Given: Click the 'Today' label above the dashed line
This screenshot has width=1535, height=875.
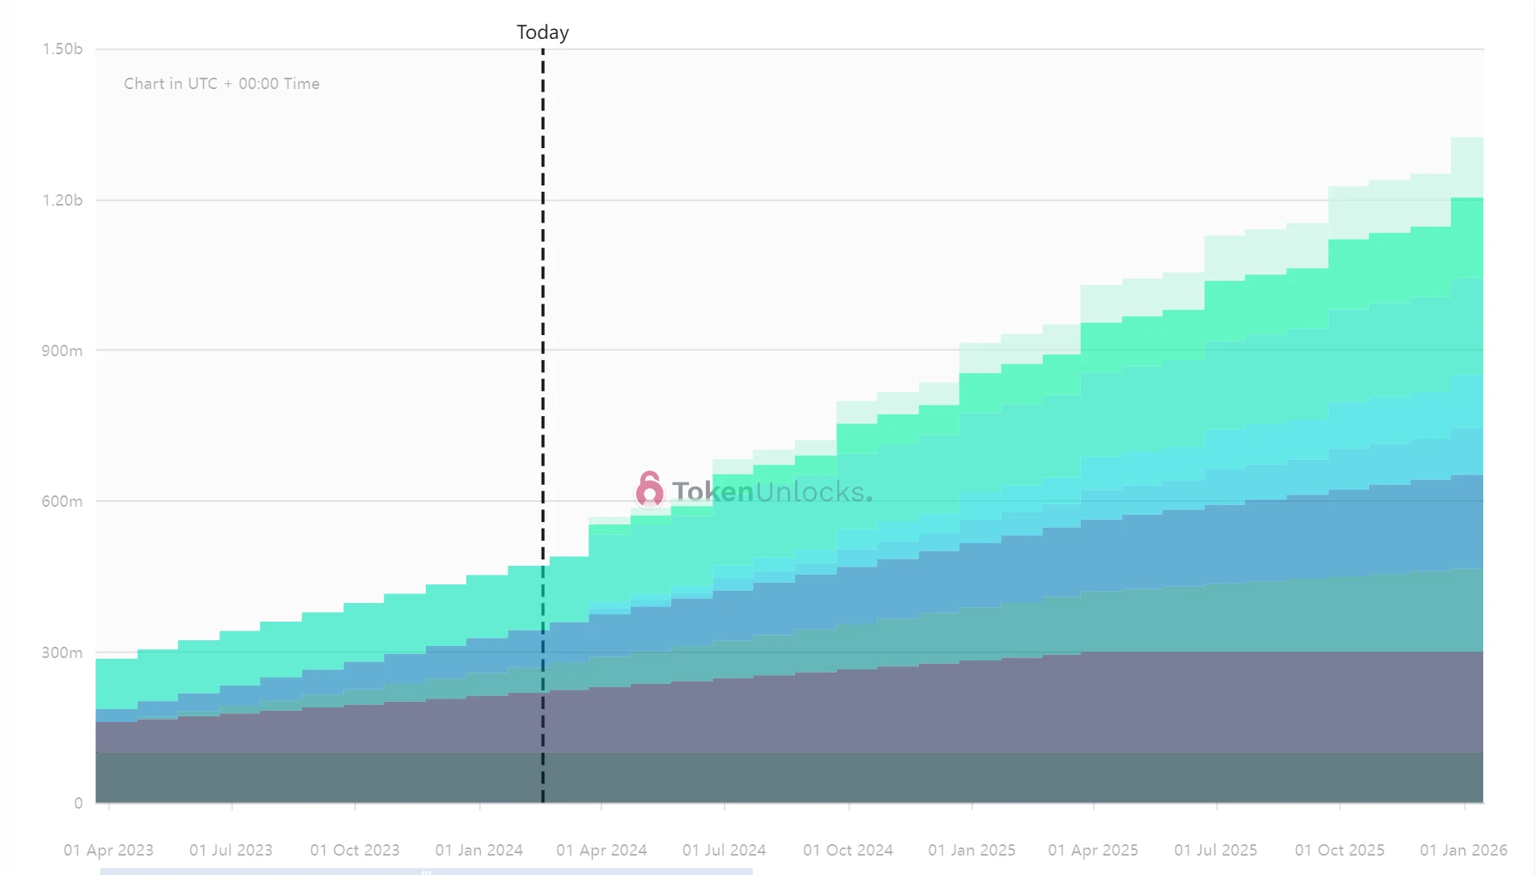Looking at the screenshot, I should click(x=542, y=32).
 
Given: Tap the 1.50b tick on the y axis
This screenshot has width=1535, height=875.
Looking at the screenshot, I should click(x=62, y=49).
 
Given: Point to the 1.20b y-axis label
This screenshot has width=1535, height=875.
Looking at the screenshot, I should click(x=62, y=200).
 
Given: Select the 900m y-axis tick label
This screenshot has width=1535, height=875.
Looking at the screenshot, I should click(x=62, y=350).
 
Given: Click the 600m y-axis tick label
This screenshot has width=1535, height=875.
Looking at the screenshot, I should click(x=62, y=501).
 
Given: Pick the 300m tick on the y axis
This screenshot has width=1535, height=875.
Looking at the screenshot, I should click(x=62, y=652).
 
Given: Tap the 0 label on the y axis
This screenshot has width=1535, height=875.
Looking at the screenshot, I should click(x=78, y=803).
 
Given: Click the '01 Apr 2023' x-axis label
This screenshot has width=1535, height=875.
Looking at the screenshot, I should click(x=108, y=850).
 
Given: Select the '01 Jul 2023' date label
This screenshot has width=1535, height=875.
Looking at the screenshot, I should click(x=231, y=850).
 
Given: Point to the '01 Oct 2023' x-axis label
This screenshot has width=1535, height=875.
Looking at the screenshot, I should click(x=355, y=850).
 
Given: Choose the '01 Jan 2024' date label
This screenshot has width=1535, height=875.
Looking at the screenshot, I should click(x=479, y=850).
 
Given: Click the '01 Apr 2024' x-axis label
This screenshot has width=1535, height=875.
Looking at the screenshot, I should click(x=602, y=850).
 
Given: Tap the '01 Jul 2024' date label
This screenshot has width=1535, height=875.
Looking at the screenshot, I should click(x=724, y=850).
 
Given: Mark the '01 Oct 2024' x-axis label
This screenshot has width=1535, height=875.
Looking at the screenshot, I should click(x=848, y=850).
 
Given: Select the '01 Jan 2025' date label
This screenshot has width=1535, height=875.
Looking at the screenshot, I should click(x=972, y=850).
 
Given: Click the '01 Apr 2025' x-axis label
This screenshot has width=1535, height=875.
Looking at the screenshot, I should click(x=1093, y=850).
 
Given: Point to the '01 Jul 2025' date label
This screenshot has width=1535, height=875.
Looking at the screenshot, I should click(x=1215, y=850).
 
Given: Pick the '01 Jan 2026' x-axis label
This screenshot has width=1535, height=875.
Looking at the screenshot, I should click(x=1463, y=850).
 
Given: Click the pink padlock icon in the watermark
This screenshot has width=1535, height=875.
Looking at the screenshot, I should click(x=649, y=490).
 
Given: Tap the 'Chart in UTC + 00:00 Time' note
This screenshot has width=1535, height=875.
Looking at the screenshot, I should click(x=222, y=83).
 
